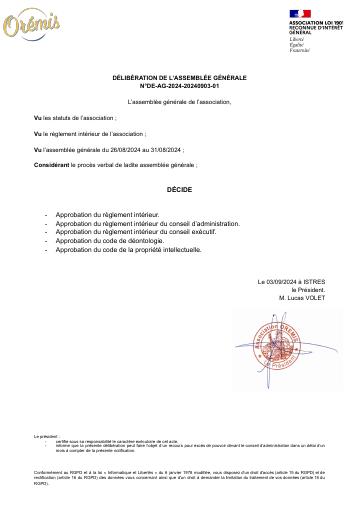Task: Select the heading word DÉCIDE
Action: [179, 188]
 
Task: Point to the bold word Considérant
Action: [52, 162]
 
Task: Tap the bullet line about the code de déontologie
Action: [109, 241]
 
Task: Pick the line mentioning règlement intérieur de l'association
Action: [90, 133]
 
